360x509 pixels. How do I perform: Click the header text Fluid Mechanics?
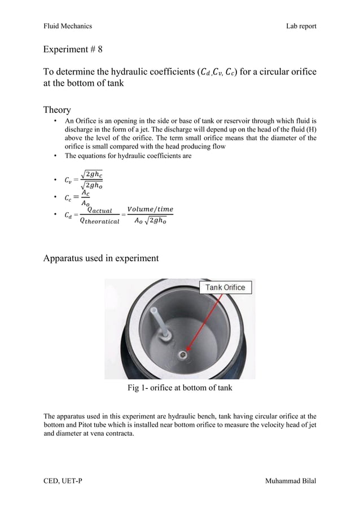point(68,26)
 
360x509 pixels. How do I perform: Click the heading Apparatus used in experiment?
point(101,259)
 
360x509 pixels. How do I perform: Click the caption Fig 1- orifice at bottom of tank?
point(179,388)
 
